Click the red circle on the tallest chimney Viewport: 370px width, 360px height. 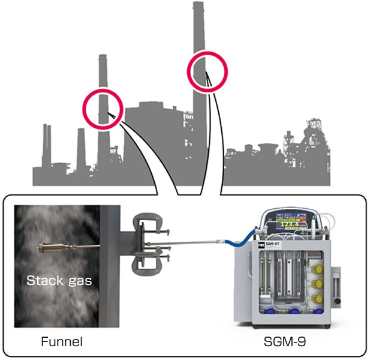click(x=206, y=70)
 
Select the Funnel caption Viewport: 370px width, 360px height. click(x=61, y=342)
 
